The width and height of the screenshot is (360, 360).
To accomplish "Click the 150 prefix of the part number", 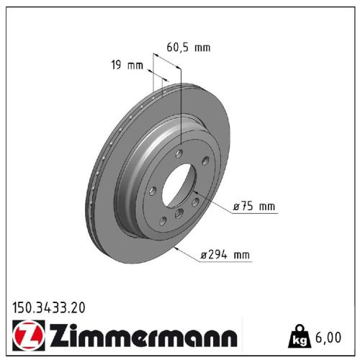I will click(x=23, y=307).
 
